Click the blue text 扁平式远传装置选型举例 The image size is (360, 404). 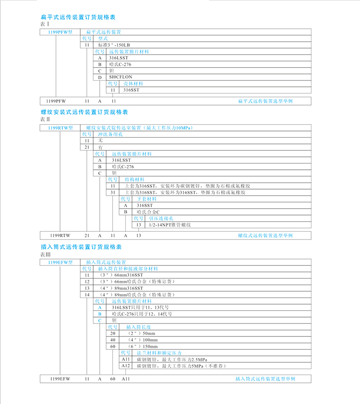click(265, 101)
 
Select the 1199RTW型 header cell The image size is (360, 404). click(60, 128)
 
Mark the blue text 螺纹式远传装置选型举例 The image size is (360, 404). click(265, 236)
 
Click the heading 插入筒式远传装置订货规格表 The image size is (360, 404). click(81, 247)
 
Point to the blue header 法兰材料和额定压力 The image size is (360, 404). click(154, 353)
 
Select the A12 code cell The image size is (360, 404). click(126, 366)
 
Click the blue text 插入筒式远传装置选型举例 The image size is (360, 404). click(265, 379)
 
